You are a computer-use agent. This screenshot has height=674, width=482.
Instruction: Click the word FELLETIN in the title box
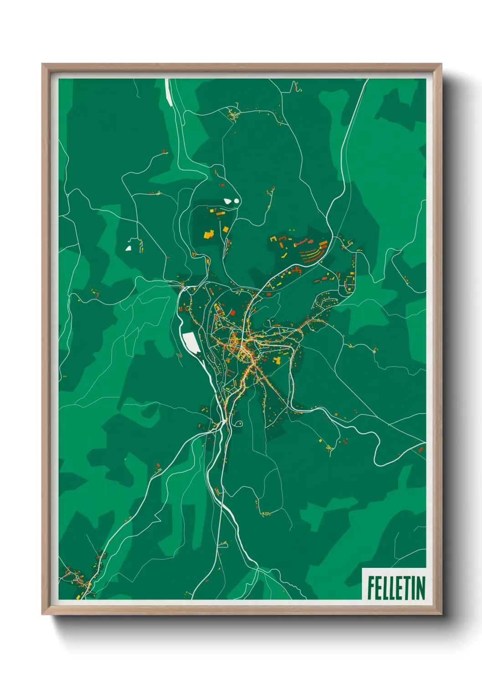point(396,587)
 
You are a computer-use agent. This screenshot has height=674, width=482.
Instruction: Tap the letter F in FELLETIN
point(371,588)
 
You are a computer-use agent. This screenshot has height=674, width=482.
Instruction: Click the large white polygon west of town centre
point(191,342)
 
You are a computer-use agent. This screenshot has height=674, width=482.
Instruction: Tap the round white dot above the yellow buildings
point(237,199)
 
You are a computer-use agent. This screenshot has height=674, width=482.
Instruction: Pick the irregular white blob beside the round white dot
point(228,200)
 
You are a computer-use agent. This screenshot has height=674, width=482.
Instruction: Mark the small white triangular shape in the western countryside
point(128,248)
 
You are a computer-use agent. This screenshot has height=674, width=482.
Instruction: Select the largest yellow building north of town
point(209,234)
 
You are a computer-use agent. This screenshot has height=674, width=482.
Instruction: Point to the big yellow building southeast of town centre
point(277,360)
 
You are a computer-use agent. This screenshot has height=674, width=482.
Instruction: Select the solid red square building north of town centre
point(232,312)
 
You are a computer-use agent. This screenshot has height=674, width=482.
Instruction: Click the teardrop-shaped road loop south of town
point(239,424)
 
